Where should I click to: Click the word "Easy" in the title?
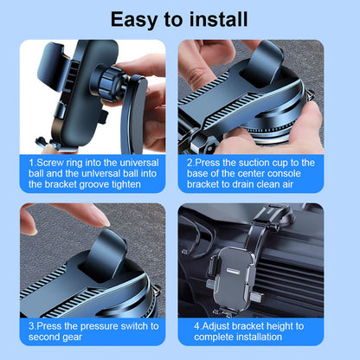134,20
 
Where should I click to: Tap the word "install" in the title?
218,19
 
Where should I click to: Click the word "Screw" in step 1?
50,163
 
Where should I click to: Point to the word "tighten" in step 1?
126,184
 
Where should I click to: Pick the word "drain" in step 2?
243,184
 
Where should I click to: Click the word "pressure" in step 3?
99,326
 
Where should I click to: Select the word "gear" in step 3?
73,337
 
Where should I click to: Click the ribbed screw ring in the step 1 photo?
109,84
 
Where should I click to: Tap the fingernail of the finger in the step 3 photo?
102,220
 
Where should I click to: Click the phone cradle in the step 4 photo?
231,279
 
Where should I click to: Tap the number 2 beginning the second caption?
190,163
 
